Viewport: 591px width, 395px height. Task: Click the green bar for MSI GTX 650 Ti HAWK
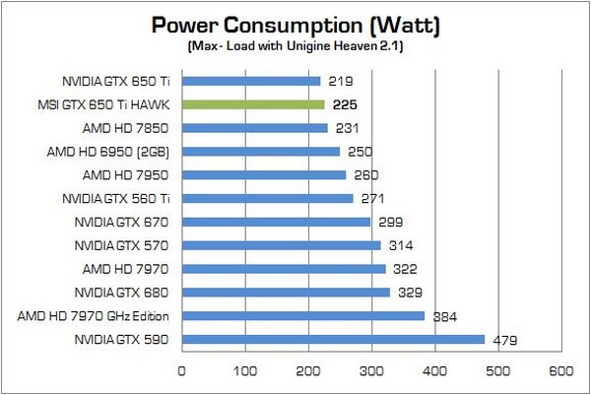coord(252,104)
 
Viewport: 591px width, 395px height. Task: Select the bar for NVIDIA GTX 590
coord(333,340)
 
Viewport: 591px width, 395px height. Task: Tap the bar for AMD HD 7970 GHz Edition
coord(302,316)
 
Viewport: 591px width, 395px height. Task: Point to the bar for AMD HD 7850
coord(254,128)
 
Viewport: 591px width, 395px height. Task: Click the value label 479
coord(506,341)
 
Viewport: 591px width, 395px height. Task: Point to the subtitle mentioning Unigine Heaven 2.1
coord(295,46)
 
